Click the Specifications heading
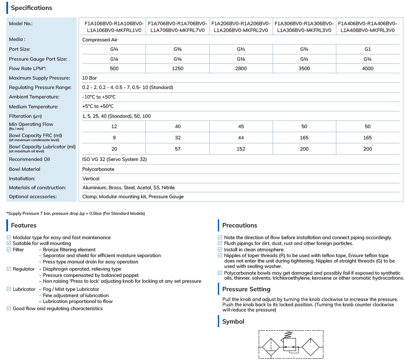click(x=31, y=8)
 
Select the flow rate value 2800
click(x=241, y=68)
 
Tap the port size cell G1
click(x=367, y=49)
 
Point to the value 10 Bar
click(x=89, y=78)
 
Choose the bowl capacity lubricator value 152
click(x=241, y=149)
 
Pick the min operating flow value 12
click(x=114, y=127)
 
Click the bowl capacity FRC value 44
click(x=241, y=138)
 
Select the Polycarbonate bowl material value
click(x=98, y=169)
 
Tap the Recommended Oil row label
click(x=29, y=159)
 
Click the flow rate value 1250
click(x=178, y=68)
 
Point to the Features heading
click(x=23, y=225)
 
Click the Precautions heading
click(x=239, y=225)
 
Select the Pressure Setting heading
click(x=246, y=289)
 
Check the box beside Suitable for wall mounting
click(x=9, y=243)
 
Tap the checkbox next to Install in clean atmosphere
click(x=220, y=249)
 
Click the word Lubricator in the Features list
click(x=24, y=289)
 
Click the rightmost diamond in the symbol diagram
click(x=311, y=347)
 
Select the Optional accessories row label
click(x=33, y=196)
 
